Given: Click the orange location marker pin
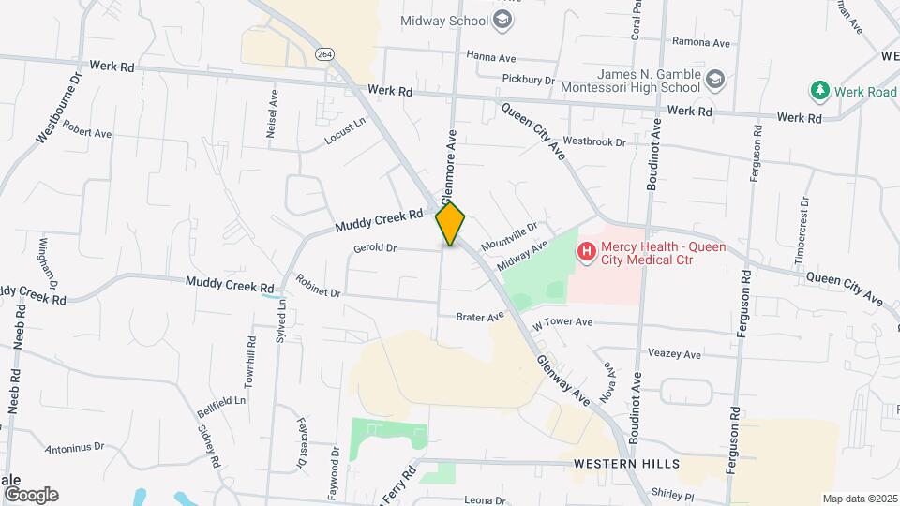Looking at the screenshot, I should (450, 223).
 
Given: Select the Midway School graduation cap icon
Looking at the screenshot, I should (503, 21).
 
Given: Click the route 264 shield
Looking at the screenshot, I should (324, 53).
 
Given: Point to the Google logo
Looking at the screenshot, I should (30, 494).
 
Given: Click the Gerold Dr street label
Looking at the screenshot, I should (375, 248).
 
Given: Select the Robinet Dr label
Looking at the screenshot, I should (318, 286).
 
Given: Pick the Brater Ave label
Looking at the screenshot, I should (480, 318).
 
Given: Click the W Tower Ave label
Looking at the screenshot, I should (562, 322).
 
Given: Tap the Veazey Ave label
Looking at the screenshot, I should (674, 354).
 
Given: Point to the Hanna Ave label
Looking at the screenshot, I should (492, 56).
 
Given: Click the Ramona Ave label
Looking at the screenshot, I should (701, 42).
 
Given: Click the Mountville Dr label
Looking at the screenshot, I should (509, 235).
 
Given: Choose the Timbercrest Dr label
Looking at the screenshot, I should (802, 230).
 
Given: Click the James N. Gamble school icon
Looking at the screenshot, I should (715, 79).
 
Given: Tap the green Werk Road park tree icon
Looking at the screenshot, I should (820, 90).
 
